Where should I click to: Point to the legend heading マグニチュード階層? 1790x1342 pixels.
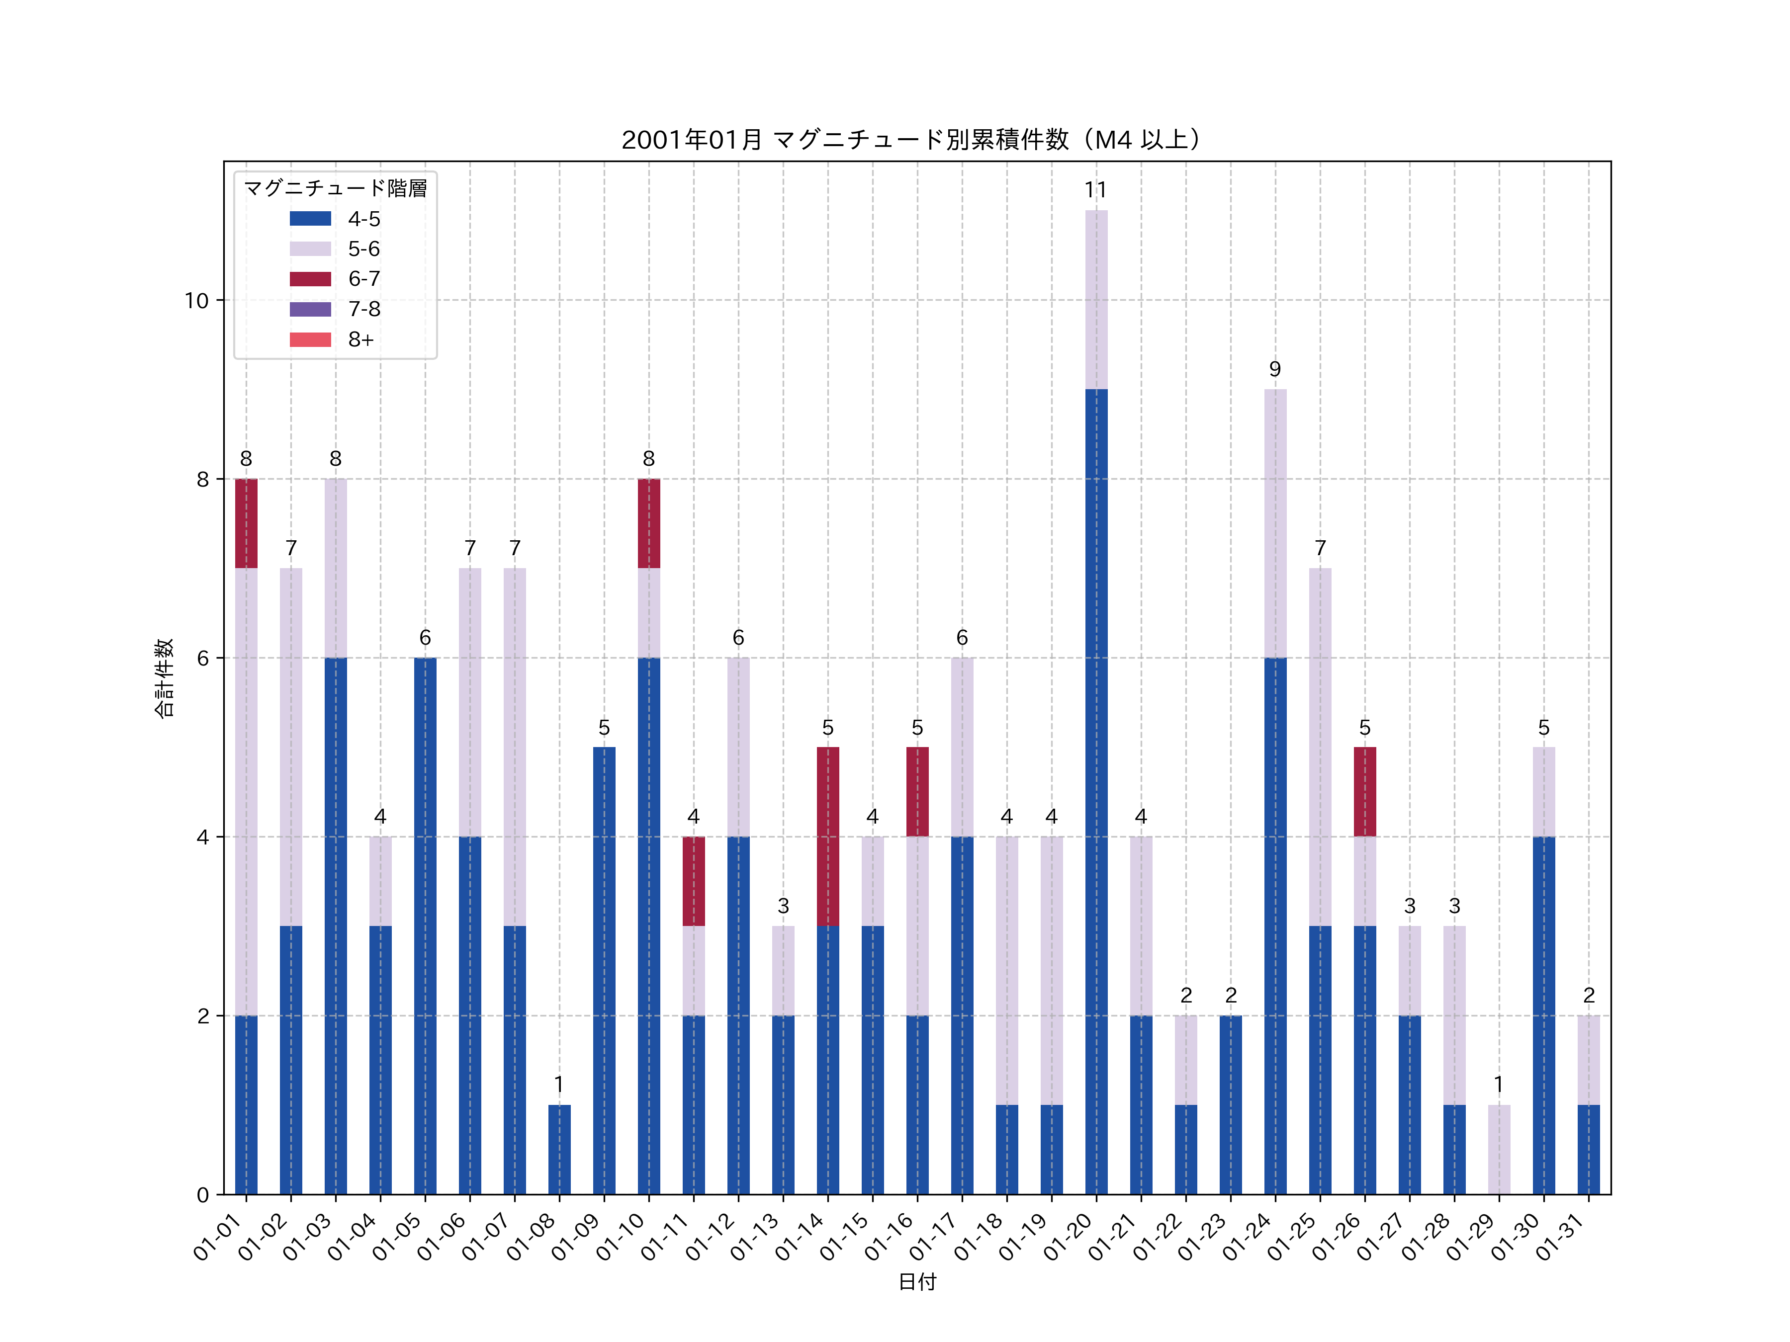click(335, 188)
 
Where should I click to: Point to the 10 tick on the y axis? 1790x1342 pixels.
click(196, 301)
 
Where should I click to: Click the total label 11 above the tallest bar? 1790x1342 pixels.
click(1096, 190)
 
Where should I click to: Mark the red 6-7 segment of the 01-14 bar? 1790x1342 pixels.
click(828, 837)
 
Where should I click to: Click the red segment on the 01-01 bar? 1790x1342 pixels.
click(246, 523)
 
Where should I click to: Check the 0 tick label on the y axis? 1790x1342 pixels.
click(202, 1195)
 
